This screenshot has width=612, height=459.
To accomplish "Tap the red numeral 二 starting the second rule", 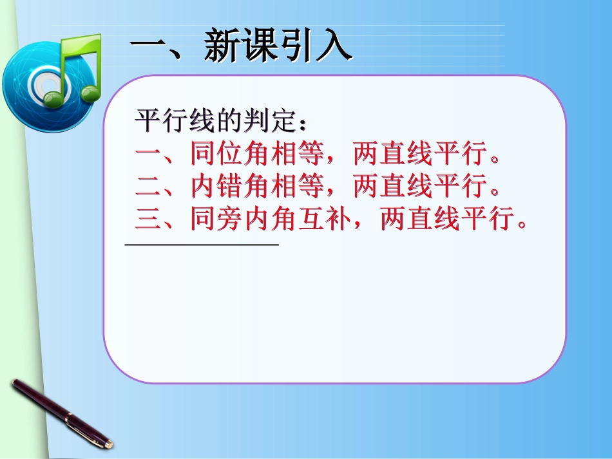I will (149, 187).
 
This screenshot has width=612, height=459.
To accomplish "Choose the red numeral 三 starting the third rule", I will (149, 220).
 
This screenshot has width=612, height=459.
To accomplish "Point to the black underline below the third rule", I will (201, 244).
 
